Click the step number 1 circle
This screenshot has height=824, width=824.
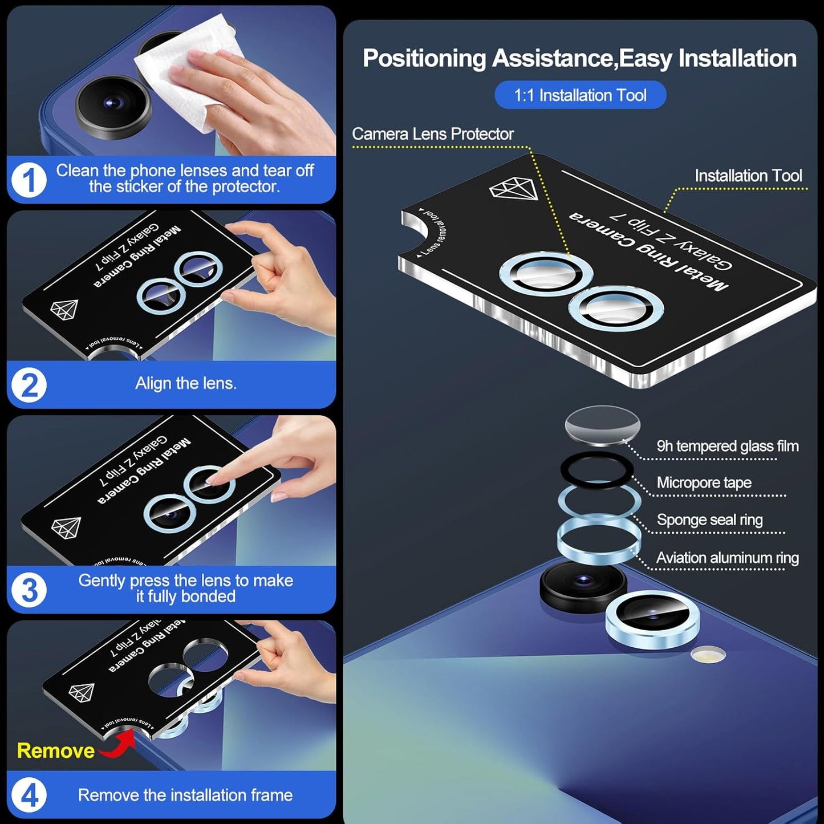pyautogui.click(x=29, y=180)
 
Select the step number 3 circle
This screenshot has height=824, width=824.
pyautogui.click(x=29, y=590)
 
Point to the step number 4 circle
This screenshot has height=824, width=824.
pyautogui.click(x=29, y=795)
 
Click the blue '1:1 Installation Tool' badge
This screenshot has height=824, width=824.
pyautogui.click(x=580, y=95)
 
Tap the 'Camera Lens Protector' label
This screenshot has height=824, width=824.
pyautogui.click(x=432, y=134)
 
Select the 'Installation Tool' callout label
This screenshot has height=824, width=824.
pyautogui.click(x=748, y=176)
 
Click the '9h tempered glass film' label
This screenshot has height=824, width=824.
pyautogui.click(x=727, y=446)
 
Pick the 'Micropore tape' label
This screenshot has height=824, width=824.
pyautogui.click(x=704, y=482)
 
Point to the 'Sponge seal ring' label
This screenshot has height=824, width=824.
pyautogui.click(x=709, y=519)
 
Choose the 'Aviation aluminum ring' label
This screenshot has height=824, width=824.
pyautogui.click(x=727, y=558)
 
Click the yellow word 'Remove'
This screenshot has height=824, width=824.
pyautogui.click(x=55, y=750)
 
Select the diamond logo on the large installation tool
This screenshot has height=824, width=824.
pyautogui.click(x=513, y=189)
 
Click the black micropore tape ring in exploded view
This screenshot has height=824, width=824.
pyautogui.click(x=596, y=470)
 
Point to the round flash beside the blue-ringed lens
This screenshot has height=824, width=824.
pyautogui.click(x=708, y=655)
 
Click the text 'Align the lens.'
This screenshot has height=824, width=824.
pyautogui.click(x=185, y=383)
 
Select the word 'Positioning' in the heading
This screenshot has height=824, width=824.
pyautogui.click(x=424, y=58)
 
